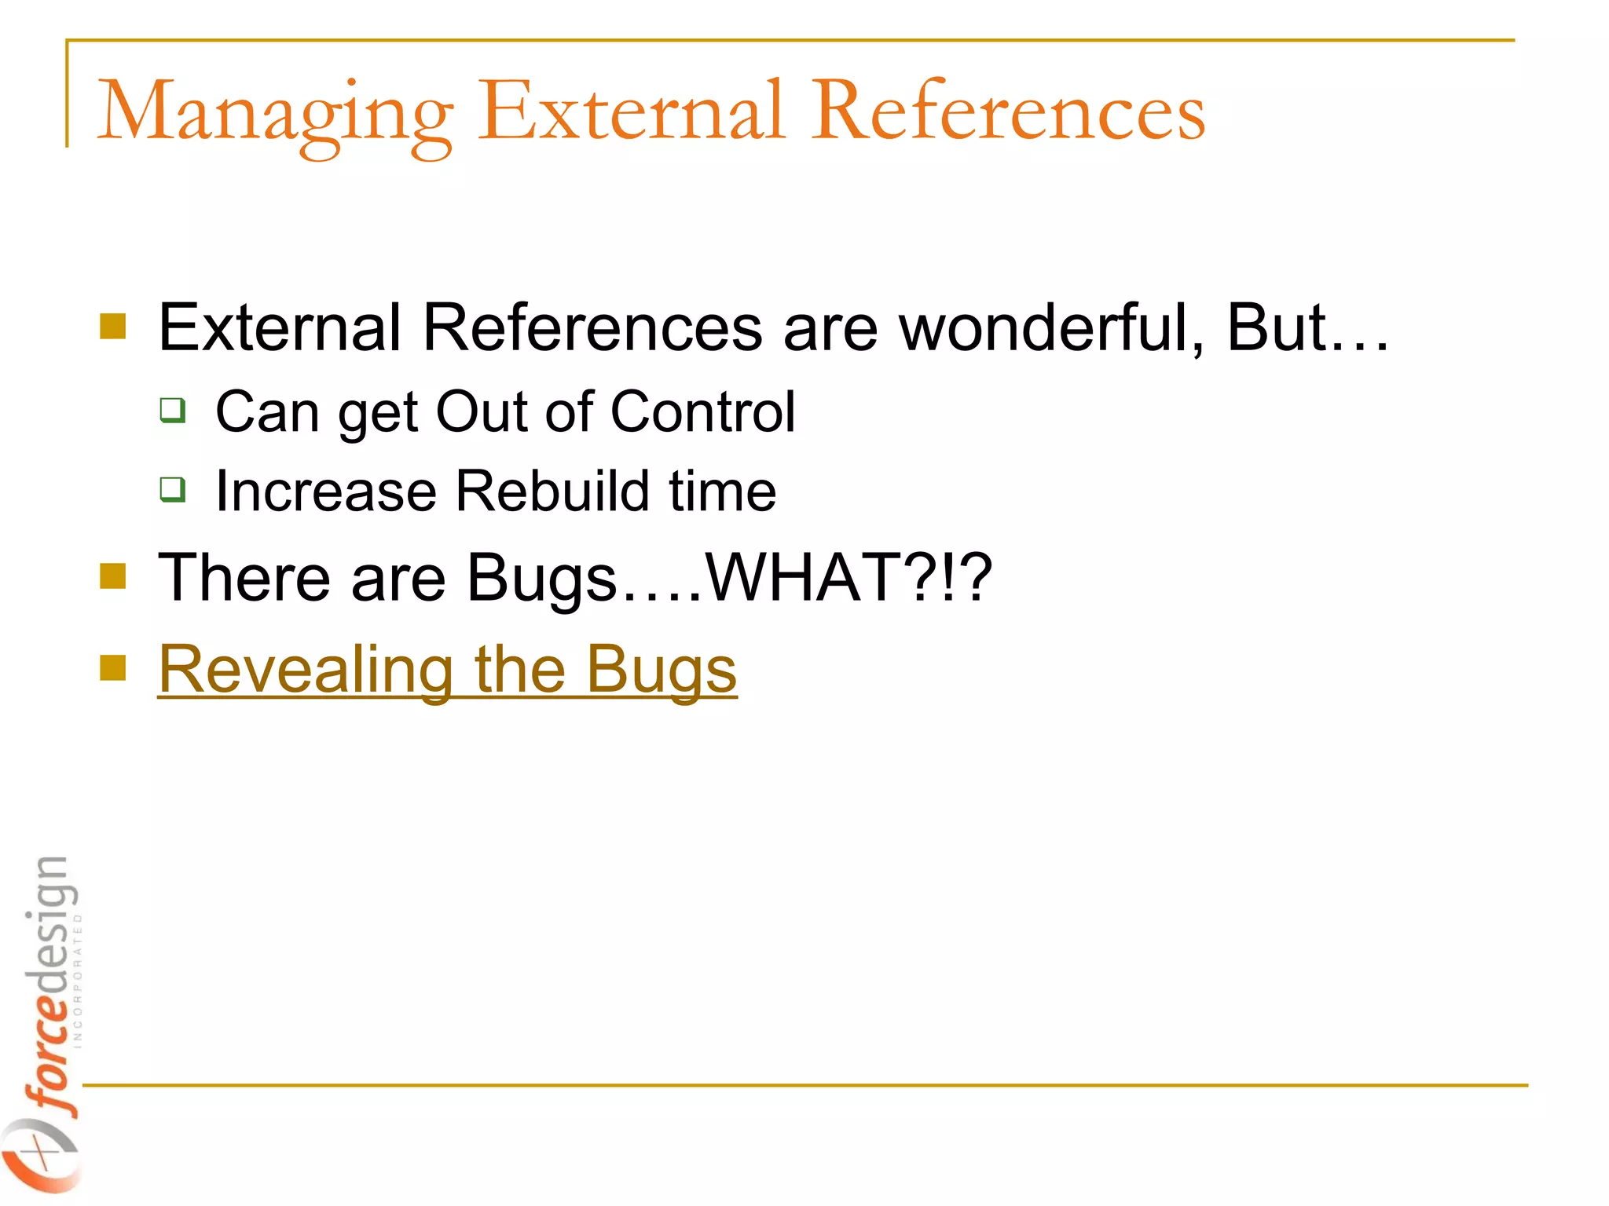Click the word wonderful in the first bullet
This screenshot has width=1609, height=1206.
point(1051,327)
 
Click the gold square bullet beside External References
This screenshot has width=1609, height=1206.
point(113,327)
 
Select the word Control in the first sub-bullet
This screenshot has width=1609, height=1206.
point(702,411)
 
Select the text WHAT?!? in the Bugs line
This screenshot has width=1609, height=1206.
point(848,578)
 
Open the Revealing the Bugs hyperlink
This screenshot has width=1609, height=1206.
point(447,670)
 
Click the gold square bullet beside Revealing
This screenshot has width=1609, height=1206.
point(113,668)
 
